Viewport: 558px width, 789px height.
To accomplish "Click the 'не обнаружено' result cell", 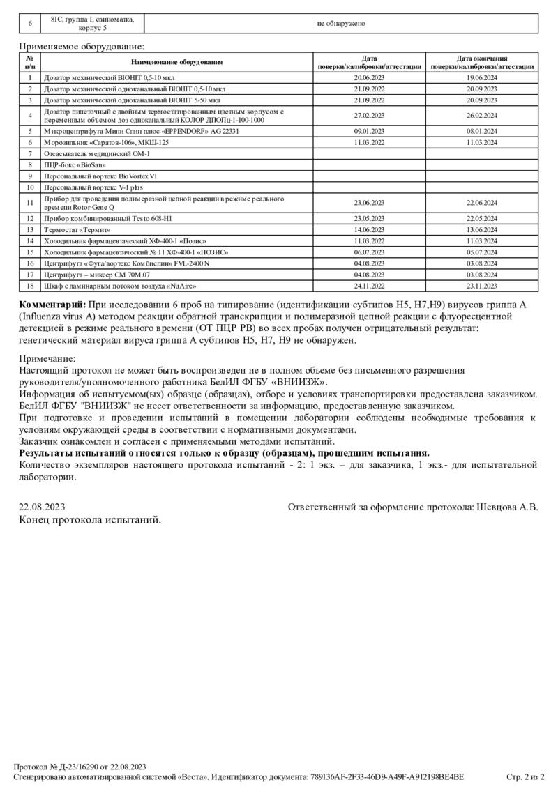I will [x=341, y=23].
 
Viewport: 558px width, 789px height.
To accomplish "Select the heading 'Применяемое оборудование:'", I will [x=82, y=46].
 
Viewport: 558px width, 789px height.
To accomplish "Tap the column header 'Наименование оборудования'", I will [x=176, y=63].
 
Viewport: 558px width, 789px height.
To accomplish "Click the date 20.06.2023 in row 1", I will [x=369, y=78].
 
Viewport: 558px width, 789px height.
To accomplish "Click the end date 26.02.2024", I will [x=481, y=116].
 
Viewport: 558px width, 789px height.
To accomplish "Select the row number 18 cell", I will [x=30, y=286].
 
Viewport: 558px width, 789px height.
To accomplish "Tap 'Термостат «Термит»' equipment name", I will [x=77, y=229].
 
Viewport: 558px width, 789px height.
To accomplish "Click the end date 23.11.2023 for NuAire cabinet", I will [x=481, y=286].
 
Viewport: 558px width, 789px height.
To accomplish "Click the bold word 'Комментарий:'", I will [x=52, y=305].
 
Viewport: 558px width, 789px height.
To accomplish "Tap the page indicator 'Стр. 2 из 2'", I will [x=525, y=776].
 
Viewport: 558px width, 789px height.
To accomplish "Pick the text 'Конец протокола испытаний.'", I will [x=90, y=520].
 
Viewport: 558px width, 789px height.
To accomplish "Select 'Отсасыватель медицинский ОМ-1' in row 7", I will [x=97, y=153].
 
